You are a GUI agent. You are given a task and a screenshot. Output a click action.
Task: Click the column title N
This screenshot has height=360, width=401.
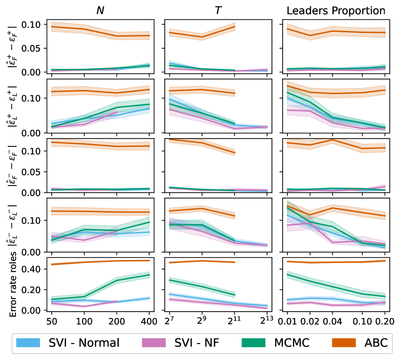pyautogui.click(x=100, y=10)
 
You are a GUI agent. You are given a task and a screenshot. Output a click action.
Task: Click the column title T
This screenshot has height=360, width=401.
pyautogui.click(x=218, y=10)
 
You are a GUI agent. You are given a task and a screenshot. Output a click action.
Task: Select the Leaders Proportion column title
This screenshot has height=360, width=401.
pyautogui.click(x=337, y=10)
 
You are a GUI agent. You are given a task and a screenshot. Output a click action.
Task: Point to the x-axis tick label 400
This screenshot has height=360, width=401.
pyautogui.click(x=149, y=320)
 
